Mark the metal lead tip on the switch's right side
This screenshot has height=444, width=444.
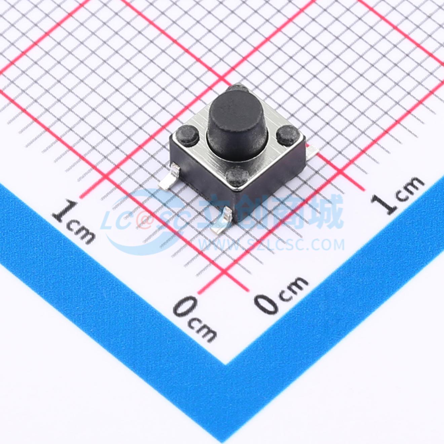coord(312,150)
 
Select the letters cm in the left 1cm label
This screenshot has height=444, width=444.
coord(81,231)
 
